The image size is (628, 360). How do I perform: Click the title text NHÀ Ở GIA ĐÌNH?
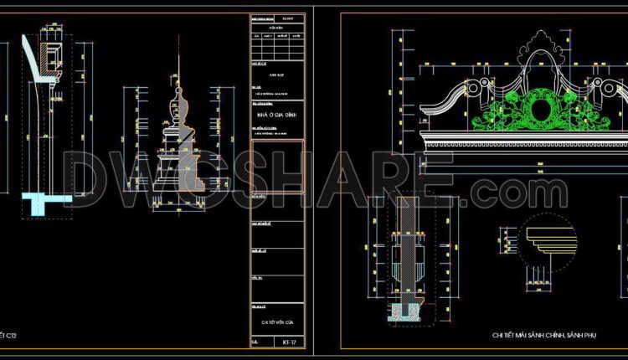(278, 113)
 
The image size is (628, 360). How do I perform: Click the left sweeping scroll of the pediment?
(452, 96)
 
